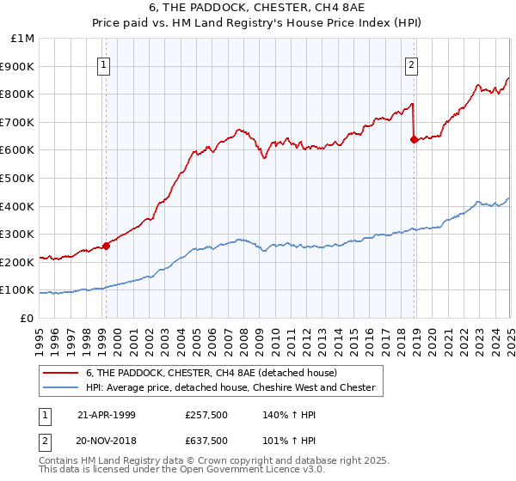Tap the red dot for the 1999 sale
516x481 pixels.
pos(107,246)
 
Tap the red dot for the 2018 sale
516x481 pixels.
pos(414,139)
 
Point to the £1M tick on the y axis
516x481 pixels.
pos(23,39)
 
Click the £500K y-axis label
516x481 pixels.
pos(19,179)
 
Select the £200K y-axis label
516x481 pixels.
pos(19,262)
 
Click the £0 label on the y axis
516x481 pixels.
pos(27,318)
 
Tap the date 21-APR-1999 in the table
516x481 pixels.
pos(107,415)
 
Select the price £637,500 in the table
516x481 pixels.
pos(206,441)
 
